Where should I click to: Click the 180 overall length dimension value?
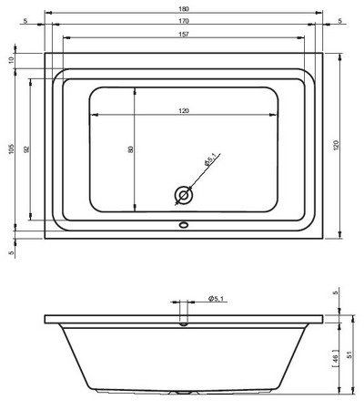coord(184,9)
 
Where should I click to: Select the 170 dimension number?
coord(184,21)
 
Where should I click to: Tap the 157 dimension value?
coord(184,34)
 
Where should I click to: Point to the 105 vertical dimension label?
coord(11,149)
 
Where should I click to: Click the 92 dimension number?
coord(26,149)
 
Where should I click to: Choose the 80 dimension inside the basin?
coord(131,149)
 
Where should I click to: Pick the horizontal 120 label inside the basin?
coord(184,111)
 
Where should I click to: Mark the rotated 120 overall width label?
coord(337,146)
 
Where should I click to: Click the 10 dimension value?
coord(11,60)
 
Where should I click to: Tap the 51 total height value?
coord(349,354)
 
